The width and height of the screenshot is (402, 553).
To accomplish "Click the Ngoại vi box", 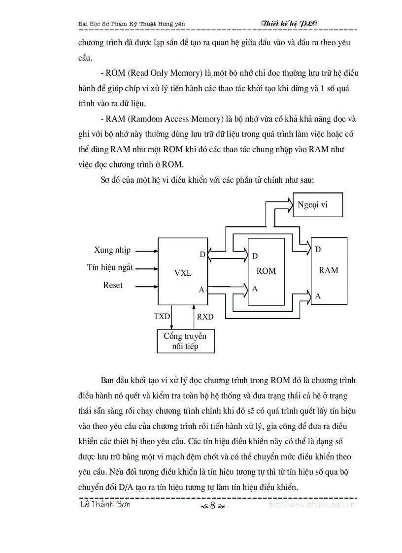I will (x=317, y=204).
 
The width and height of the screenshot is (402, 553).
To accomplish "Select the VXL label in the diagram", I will (x=183, y=273).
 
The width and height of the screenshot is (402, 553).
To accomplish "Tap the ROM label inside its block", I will (x=266, y=271).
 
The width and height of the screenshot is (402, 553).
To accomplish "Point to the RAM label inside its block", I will (x=328, y=270).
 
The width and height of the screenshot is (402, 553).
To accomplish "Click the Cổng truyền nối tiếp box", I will (x=185, y=341).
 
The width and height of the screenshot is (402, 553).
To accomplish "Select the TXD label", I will (x=162, y=317).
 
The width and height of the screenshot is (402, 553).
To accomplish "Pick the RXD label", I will (x=205, y=317).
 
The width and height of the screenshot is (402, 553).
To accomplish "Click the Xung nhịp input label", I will (x=112, y=250).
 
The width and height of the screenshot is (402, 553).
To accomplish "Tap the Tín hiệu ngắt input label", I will (x=110, y=268).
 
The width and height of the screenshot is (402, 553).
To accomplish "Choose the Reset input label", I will (x=113, y=285).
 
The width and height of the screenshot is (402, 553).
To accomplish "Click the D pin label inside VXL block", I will (x=202, y=255).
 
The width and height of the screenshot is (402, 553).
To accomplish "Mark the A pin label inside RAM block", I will (x=318, y=296).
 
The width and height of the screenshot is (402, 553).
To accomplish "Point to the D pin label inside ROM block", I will (x=255, y=256).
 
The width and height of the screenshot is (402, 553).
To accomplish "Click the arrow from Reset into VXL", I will (x=146, y=286).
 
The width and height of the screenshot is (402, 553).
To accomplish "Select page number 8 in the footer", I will (x=212, y=505).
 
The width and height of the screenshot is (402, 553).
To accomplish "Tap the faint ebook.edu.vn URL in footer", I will (x=311, y=505).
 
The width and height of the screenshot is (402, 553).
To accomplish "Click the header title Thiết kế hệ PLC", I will (x=289, y=23).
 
